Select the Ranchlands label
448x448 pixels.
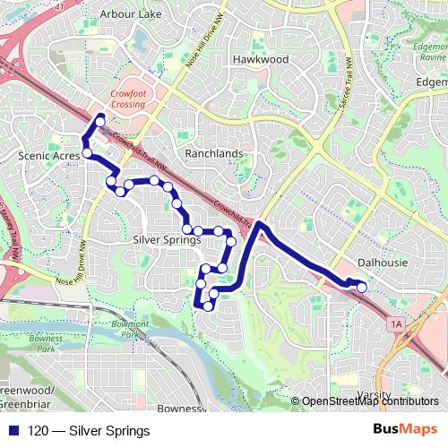(x=213, y=153)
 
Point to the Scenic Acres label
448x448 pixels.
(x=47, y=155)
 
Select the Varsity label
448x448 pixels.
(x=373, y=394)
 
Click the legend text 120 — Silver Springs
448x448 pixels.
(x=89, y=431)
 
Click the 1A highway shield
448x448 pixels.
(x=397, y=322)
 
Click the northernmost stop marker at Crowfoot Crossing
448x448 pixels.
(x=100, y=119)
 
